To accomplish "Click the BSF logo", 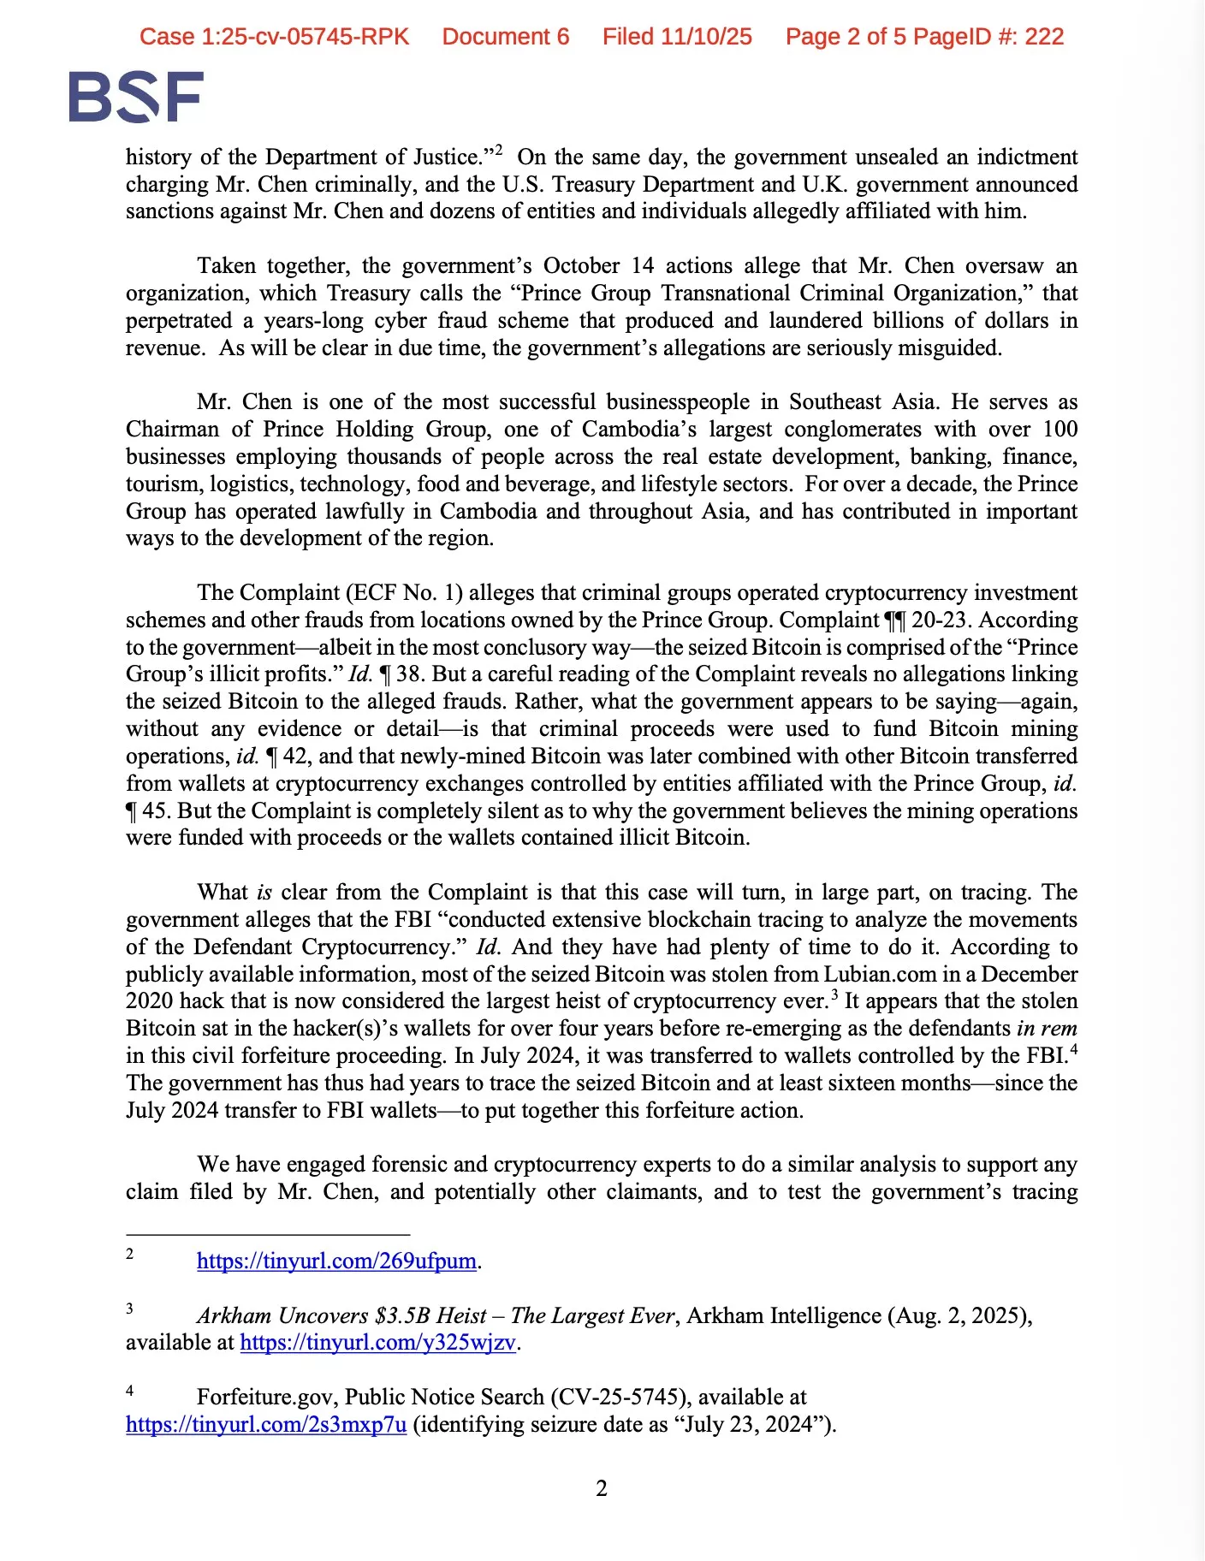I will pos(136,97).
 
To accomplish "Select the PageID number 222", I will pos(1045,37).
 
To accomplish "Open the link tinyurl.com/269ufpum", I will pos(336,1261).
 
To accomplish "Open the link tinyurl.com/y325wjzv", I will pos(378,1342).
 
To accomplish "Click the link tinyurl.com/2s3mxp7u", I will pos(266,1424).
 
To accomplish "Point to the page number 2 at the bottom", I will pos(602,1488).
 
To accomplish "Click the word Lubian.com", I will pos(876,974).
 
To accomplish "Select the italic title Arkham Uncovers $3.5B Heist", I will pos(341,1315).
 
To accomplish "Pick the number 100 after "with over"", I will pos(1060,429).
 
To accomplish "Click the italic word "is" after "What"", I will pos(264,892).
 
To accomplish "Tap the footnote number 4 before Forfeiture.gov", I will pos(130,1390).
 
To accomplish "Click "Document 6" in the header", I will pos(506,37).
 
